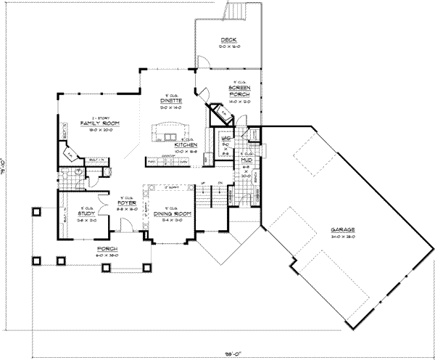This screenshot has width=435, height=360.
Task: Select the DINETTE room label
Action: click(171, 100)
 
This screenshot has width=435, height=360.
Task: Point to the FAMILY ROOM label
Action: click(100, 124)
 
